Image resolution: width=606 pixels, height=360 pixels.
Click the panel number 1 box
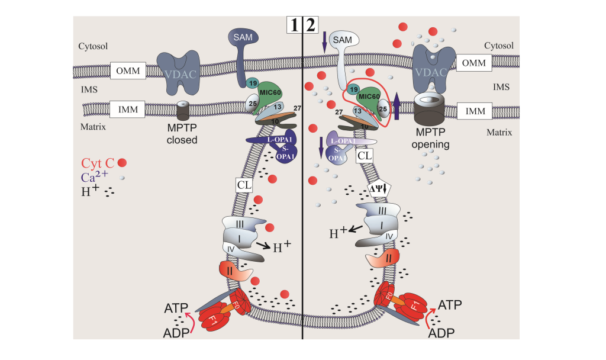click(x=294, y=25)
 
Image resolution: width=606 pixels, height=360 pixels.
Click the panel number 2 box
click(x=311, y=25)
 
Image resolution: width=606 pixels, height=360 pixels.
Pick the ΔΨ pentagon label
click(x=377, y=187)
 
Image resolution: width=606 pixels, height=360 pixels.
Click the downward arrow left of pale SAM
click(x=323, y=43)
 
